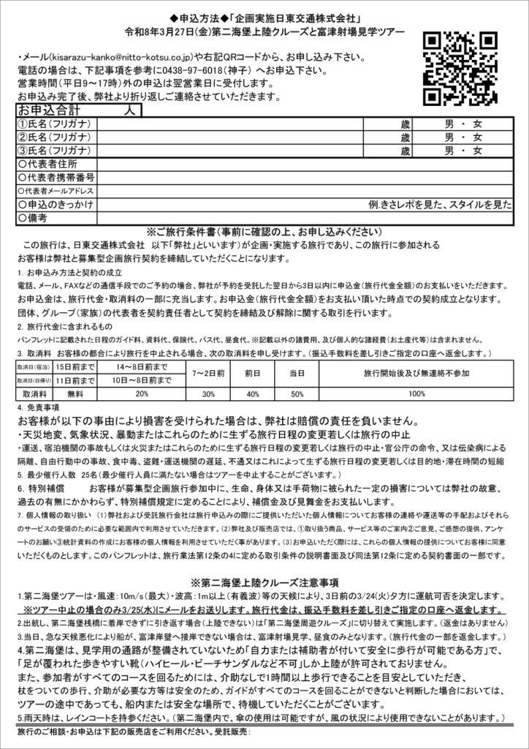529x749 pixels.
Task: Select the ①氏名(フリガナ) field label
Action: point(52,124)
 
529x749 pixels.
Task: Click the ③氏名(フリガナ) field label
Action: point(52,151)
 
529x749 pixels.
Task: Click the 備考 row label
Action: point(37,218)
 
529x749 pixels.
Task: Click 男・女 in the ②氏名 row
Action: point(463,138)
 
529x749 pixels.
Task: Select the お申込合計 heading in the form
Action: point(51,110)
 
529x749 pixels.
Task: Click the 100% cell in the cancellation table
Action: point(416,393)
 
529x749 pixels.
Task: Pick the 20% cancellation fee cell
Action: point(142,393)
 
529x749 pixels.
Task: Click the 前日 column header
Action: point(253,373)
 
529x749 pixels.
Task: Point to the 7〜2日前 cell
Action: point(208,373)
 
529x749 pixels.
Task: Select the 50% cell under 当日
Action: point(297,393)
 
